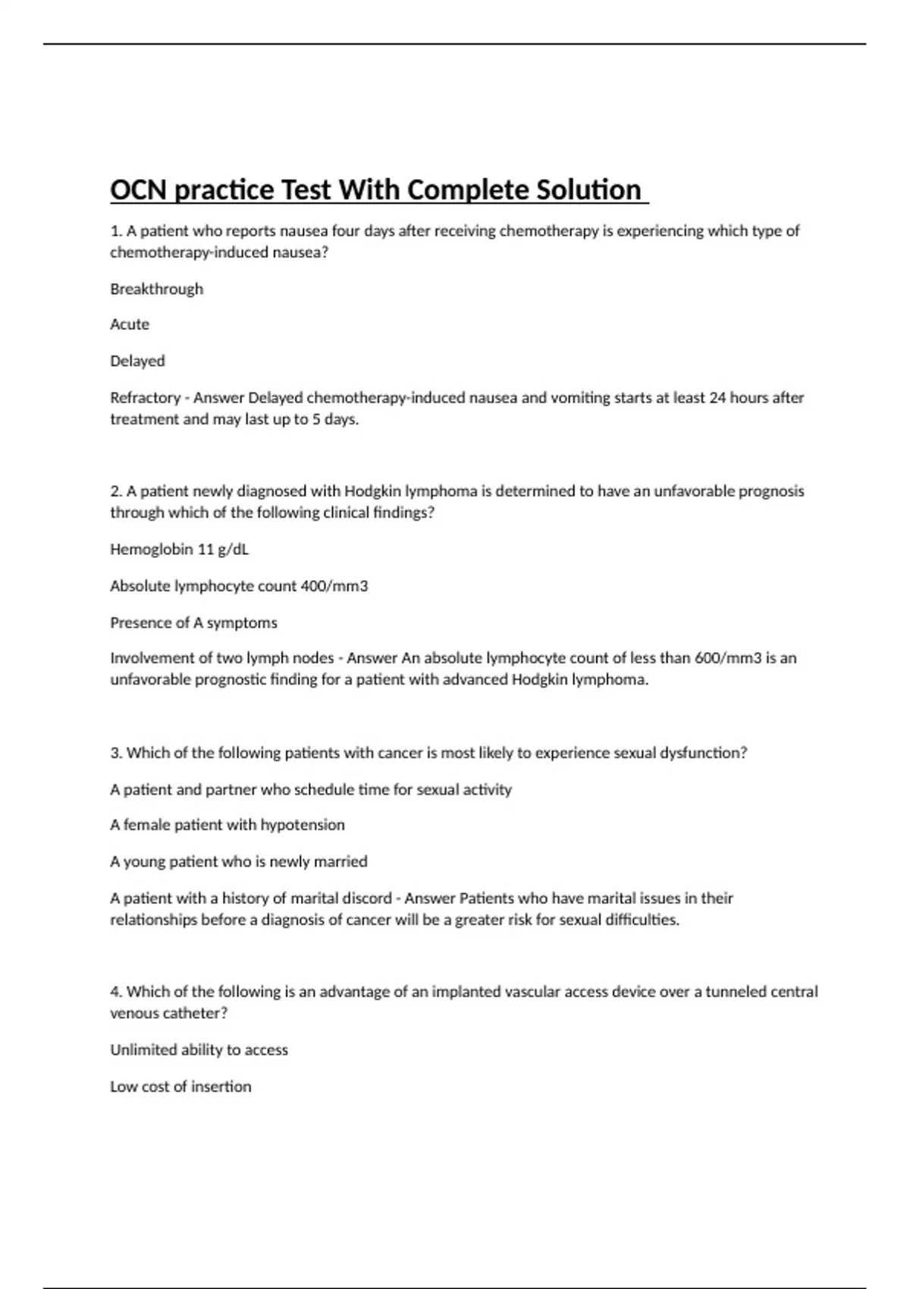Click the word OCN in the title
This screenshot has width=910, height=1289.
point(138,190)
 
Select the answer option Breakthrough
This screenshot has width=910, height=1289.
point(156,289)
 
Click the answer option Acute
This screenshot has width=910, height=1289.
point(130,325)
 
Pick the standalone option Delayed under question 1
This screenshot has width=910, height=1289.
point(137,361)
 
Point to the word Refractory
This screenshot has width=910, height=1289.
point(145,397)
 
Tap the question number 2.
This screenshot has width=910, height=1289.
point(115,491)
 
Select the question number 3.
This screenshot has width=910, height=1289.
point(115,753)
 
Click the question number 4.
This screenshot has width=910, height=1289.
point(115,992)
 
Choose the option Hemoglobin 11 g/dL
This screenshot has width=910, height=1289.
point(179,549)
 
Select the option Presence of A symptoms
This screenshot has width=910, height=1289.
point(193,623)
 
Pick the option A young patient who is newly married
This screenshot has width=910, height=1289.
point(238,861)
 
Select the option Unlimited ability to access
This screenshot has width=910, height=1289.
point(199,1050)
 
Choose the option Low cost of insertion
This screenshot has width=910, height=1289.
point(180,1087)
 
